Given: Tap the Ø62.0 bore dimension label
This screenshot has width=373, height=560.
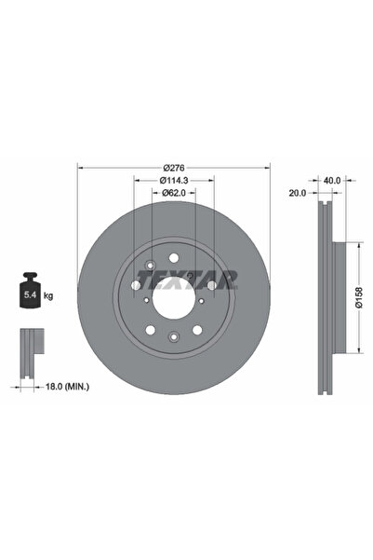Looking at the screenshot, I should tap(174, 193).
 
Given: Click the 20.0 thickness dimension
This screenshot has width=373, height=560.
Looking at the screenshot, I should tap(297, 194).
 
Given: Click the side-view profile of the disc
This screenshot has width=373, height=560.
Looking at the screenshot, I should tap(325, 298).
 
